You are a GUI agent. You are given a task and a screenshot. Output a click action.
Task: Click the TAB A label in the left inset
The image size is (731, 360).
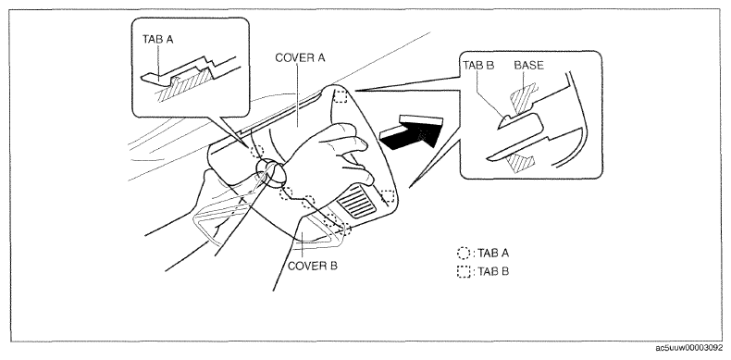pos(157,40)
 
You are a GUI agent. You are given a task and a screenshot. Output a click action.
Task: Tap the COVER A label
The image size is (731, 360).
pos(300,57)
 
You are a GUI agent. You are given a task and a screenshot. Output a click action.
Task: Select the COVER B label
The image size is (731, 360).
pos(313,267)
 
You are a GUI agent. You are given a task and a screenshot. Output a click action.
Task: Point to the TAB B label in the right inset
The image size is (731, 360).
pos(478,66)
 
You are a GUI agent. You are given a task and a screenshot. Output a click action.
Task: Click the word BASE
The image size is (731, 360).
pos(528,66)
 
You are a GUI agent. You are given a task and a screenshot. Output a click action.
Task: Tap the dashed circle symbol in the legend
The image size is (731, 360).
pos(464,254)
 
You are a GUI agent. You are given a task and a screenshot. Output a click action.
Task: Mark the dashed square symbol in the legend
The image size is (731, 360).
pos(464,271)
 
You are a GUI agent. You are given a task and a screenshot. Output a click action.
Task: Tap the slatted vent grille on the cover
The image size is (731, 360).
pos(356,201)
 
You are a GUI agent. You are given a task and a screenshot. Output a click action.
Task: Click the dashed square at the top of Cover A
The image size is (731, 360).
pos(341,96)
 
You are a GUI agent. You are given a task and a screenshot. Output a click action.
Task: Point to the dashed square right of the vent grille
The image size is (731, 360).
pos(388,196)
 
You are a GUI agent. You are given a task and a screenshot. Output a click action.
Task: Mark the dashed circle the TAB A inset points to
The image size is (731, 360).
pos(257,151)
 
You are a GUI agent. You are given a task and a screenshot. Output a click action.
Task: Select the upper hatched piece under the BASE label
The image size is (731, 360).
pos(525,98)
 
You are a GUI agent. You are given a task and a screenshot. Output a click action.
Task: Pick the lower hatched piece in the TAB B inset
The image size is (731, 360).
pos(520,161)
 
